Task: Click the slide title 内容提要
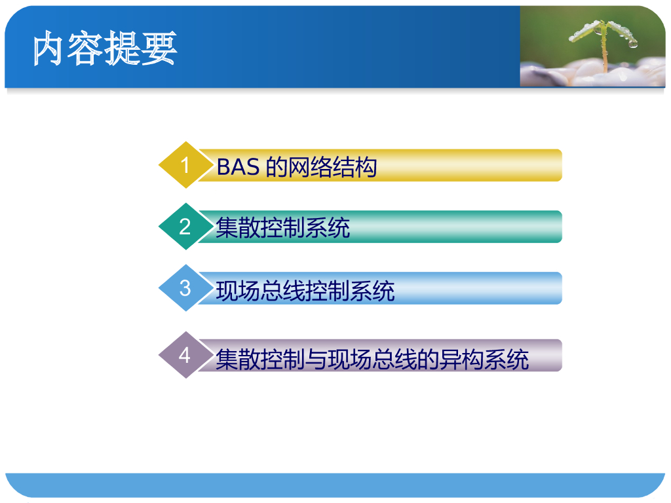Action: (105, 48)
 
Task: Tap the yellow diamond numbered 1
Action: (185, 164)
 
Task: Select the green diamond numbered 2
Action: (185, 226)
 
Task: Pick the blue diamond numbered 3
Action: (185, 288)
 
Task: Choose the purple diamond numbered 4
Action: (185, 355)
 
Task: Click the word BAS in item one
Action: (238, 167)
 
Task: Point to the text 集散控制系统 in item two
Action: (283, 227)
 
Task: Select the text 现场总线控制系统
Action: (305, 291)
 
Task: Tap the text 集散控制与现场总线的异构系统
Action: (372, 359)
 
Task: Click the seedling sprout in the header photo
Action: (604, 43)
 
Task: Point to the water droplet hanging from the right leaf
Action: (632, 44)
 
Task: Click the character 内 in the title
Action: (48, 48)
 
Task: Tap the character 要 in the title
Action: (159, 48)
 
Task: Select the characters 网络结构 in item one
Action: (332, 167)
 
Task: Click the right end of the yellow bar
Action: (562, 165)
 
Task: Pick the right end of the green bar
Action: (562, 227)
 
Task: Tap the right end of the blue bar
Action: (562, 288)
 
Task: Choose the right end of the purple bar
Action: (562, 356)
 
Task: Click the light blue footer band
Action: (335, 485)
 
